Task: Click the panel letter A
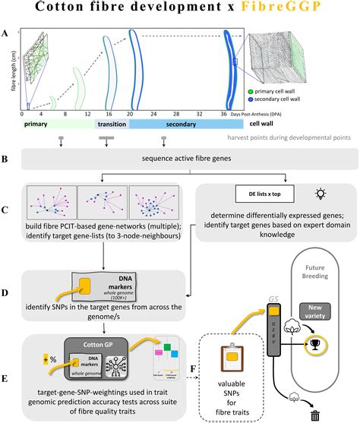click(7, 33)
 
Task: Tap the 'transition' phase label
click(111, 124)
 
